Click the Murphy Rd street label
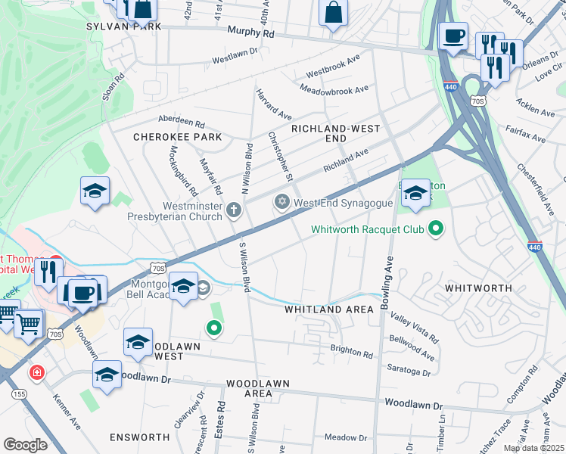coord(250,33)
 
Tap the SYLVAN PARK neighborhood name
coord(124,26)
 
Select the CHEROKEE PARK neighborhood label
coord(177,137)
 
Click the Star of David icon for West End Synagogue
coord(282,202)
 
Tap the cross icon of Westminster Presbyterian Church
coord(234,210)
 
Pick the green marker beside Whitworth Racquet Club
coord(435,228)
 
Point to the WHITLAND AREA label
coord(328,309)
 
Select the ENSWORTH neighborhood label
coord(139,437)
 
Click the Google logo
coord(26,445)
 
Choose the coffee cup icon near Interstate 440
coord(453,36)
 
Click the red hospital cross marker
coord(36,373)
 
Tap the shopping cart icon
coord(28,325)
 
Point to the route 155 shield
coord(19,394)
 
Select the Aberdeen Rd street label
coord(181,121)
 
